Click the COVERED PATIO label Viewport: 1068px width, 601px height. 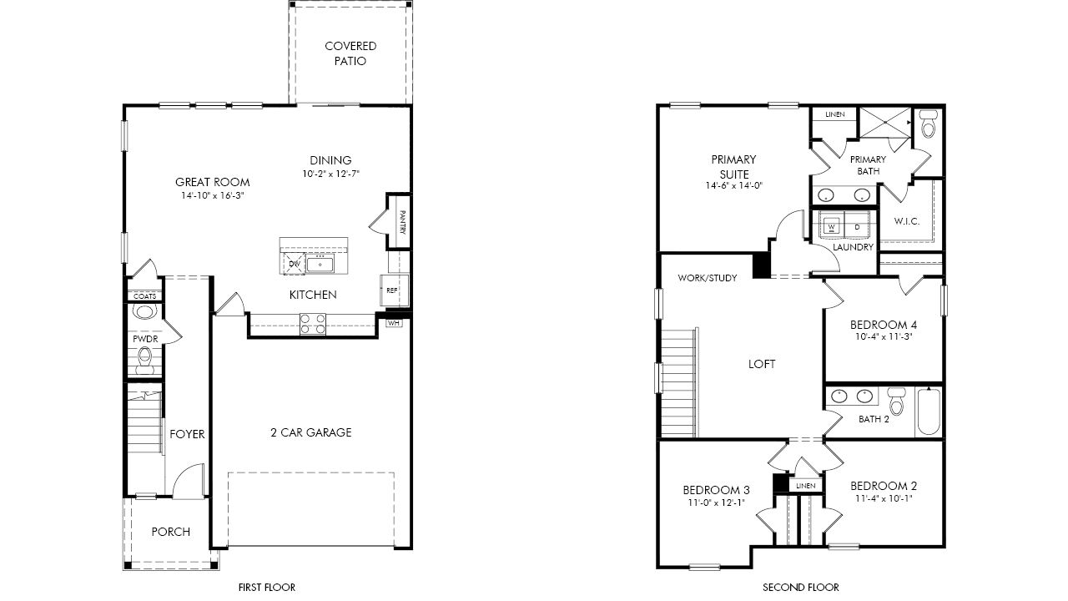[x=350, y=53]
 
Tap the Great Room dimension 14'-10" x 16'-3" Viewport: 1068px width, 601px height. [x=213, y=195]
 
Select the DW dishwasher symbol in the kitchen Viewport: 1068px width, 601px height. [x=295, y=264]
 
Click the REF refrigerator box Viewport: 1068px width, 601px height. [x=394, y=290]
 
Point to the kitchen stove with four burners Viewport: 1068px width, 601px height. [x=313, y=324]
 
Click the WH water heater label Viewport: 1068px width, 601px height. [x=393, y=323]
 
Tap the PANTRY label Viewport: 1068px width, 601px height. [x=402, y=222]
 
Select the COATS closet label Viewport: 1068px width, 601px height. [x=144, y=296]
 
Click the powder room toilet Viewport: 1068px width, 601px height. [x=144, y=361]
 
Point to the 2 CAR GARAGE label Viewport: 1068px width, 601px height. [x=311, y=432]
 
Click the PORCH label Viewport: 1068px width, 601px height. [x=171, y=532]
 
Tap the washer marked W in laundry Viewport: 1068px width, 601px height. [x=832, y=225]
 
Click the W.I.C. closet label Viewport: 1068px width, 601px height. [x=907, y=221]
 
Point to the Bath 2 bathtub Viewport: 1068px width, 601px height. [x=929, y=412]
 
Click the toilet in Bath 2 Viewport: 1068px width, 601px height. [x=897, y=402]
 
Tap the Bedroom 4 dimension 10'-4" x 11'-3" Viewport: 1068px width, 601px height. [x=884, y=336]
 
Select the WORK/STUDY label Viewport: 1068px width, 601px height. [x=708, y=278]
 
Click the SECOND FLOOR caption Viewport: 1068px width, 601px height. [x=801, y=588]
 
